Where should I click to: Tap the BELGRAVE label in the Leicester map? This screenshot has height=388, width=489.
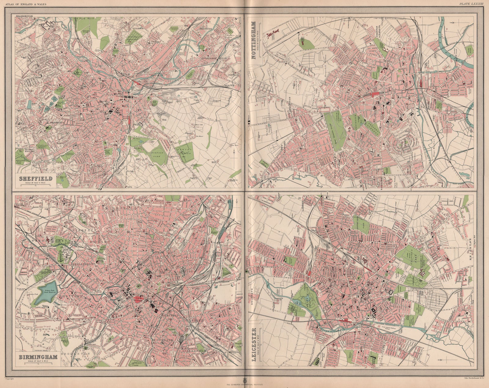click(252, 291)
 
